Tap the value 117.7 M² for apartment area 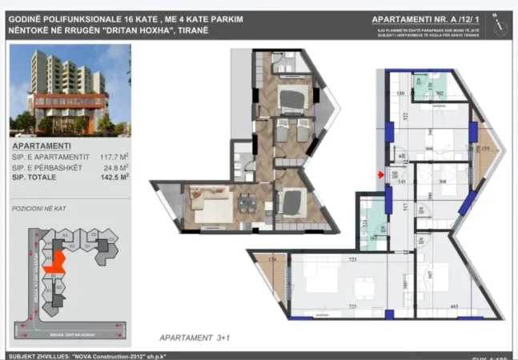click(x=111, y=158)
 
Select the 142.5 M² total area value click(x=112, y=177)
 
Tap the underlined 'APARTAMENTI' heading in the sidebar click(x=47, y=146)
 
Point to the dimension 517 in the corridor click(x=407, y=207)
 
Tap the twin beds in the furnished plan click(x=292, y=131)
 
